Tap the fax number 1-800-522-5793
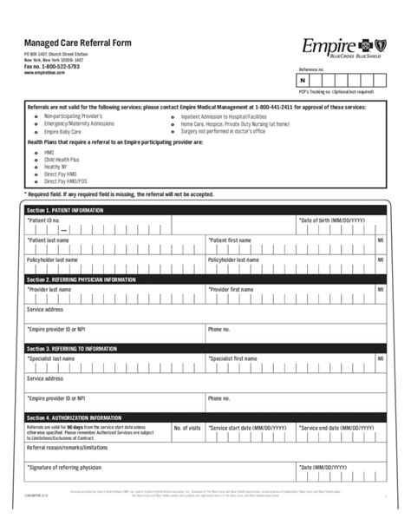tap(51, 66)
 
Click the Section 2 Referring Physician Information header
tap(81, 280)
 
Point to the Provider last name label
tap(50, 290)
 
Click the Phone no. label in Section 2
tap(219, 329)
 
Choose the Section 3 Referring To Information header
tap(75, 348)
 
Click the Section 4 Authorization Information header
tap(74, 417)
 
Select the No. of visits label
tap(186, 428)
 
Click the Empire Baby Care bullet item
tap(62, 131)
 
